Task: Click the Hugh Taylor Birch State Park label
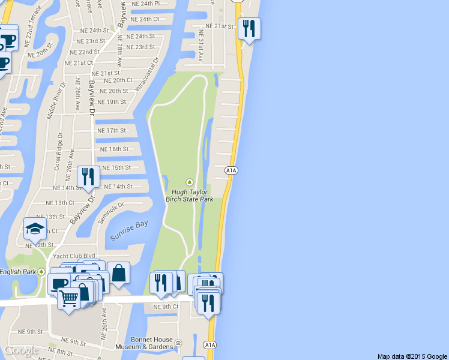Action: [x=190, y=195]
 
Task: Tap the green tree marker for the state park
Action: [x=190, y=182]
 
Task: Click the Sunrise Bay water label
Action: [x=128, y=232]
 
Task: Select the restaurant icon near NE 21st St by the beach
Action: [x=249, y=28]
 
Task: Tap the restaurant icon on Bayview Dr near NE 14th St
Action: [x=88, y=176]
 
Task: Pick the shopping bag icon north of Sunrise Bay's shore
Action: [x=118, y=273]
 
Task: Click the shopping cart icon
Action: [x=69, y=297]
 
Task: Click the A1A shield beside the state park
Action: [x=232, y=171]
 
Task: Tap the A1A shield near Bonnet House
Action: [x=209, y=345]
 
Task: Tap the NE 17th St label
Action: [x=112, y=130]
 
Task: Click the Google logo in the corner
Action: [x=22, y=350]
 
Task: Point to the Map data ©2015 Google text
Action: [x=412, y=356]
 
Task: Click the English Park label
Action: [x=18, y=272]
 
